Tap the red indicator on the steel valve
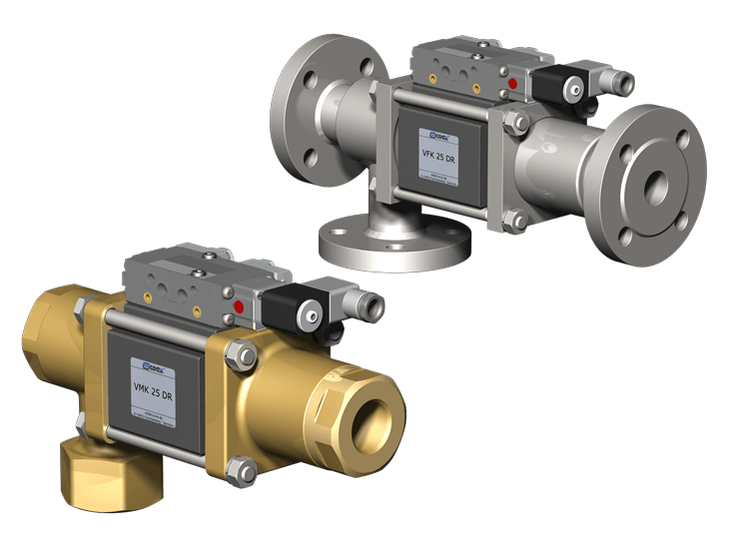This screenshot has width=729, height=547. (514, 84)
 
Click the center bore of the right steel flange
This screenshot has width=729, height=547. (656, 183)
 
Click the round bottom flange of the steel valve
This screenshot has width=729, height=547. (394, 241)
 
